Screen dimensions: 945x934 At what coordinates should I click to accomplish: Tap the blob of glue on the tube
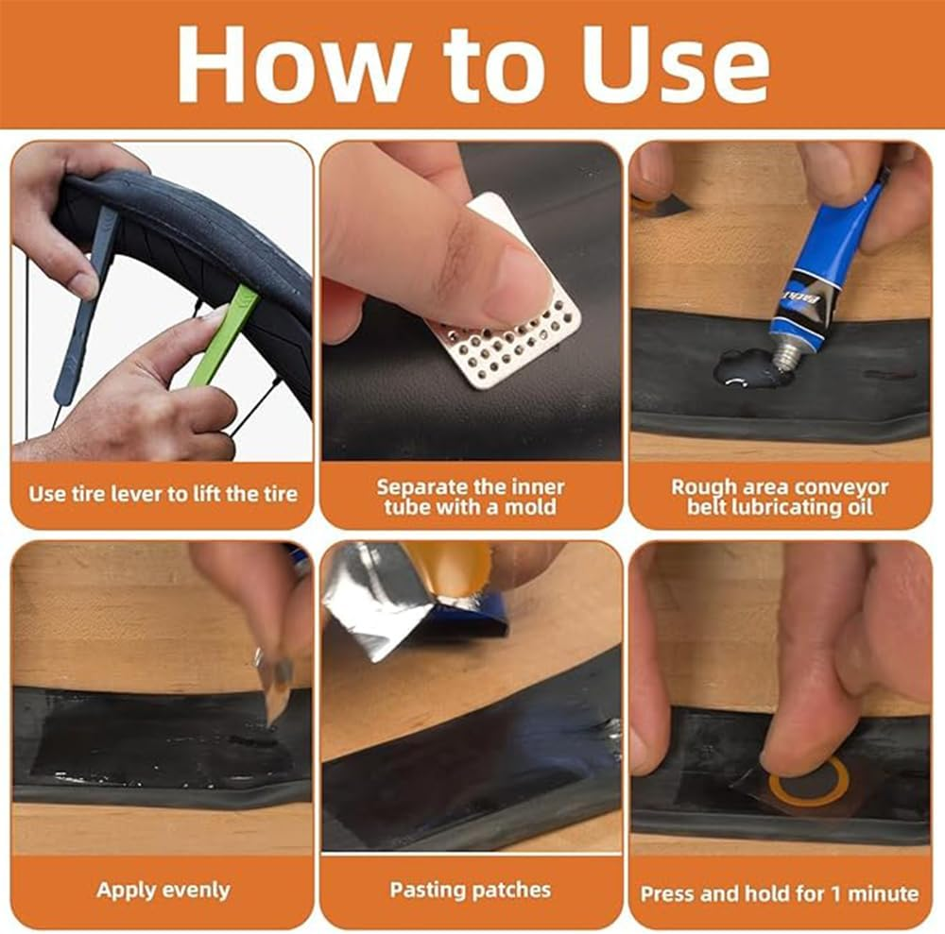tap(745, 368)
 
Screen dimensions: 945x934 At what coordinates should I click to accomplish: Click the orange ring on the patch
tap(810, 781)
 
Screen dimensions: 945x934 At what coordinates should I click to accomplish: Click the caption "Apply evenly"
tap(163, 890)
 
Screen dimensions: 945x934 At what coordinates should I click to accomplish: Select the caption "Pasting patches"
tap(471, 890)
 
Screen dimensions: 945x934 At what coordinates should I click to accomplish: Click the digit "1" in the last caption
tap(835, 893)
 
